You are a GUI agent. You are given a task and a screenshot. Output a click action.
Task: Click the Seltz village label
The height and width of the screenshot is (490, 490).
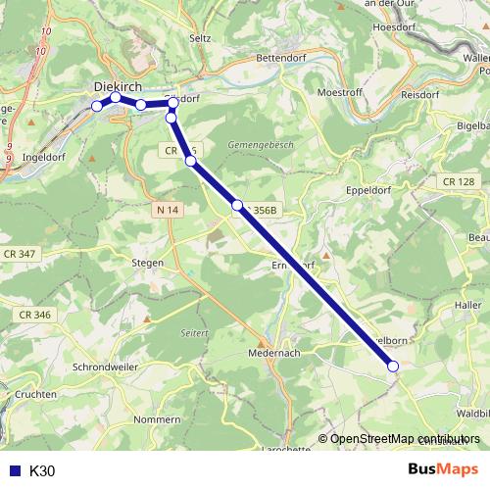click(x=200, y=37)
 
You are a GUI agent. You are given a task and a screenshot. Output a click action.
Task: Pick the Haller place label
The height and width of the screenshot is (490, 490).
click(x=467, y=305)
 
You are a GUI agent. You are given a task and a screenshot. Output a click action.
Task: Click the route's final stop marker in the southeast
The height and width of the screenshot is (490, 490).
click(x=394, y=367)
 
